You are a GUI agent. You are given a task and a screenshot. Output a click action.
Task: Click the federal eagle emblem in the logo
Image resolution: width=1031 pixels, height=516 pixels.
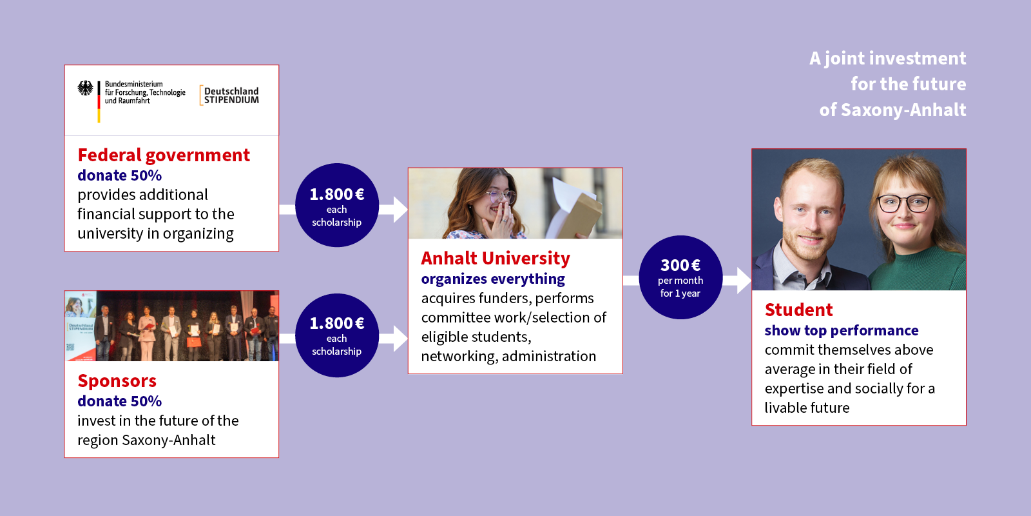pyautogui.click(x=85, y=88)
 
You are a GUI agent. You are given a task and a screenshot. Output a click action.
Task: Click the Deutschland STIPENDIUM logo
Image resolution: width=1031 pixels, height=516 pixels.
pyautogui.click(x=229, y=95)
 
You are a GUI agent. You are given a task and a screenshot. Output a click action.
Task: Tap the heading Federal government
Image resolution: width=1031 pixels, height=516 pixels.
pyautogui.click(x=164, y=155)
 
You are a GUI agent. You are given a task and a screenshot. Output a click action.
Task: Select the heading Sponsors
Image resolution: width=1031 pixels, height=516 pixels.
pyautogui.click(x=117, y=381)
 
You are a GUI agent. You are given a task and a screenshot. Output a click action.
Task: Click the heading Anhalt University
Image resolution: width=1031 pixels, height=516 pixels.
pyautogui.click(x=496, y=259)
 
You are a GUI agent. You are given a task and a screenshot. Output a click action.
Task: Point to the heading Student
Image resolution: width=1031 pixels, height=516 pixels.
pyautogui.click(x=798, y=310)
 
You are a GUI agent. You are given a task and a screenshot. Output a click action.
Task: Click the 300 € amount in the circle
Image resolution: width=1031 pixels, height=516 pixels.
pyautogui.click(x=680, y=265)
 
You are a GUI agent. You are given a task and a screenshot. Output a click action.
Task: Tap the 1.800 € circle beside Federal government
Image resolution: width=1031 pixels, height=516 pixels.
pyautogui.click(x=337, y=205)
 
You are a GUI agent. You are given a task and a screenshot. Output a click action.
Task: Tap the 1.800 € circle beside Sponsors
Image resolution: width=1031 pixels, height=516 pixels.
pyautogui.click(x=337, y=335)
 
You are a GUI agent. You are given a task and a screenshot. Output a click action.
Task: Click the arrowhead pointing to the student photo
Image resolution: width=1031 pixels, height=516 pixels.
pyautogui.click(x=744, y=280)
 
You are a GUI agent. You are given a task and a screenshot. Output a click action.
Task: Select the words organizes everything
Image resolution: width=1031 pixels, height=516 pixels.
pyautogui.click(x=493, y=279)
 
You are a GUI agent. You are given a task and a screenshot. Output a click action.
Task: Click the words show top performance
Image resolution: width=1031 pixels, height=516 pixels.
pyautogui.click(x=842, y=330)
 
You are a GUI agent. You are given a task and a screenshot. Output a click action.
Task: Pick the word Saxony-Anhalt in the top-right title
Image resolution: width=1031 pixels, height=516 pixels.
pyautogui.click(x=903, y=110)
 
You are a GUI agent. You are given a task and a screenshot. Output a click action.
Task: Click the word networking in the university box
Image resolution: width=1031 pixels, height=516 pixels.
pyautogui.click(x=458, y=357)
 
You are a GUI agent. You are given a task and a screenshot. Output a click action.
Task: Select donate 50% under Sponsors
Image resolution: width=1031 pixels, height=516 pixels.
pyautogui.click(x=120, y=401)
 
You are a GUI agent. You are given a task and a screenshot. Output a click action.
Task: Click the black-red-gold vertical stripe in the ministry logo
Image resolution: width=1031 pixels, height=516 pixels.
pyautogui.click(x=99, y=102)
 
